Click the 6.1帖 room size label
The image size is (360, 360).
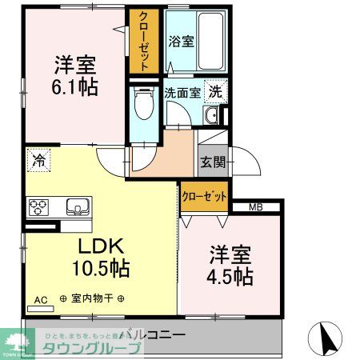point(76,86)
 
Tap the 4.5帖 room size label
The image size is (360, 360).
point(231,277)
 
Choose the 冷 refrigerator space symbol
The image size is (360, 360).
point(38,160)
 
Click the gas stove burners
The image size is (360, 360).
point(38,208)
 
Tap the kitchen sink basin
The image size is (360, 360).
point(78,206)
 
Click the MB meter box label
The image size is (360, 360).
point(255,208)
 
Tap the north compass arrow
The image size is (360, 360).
point(326,337)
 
